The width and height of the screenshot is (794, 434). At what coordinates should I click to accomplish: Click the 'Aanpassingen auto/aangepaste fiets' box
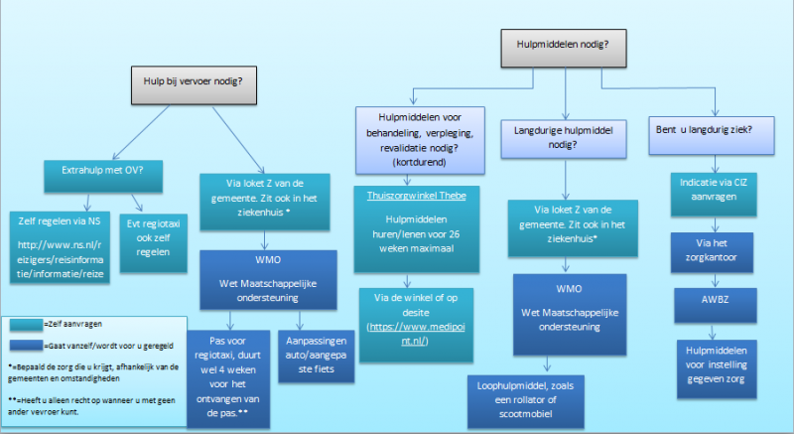305,352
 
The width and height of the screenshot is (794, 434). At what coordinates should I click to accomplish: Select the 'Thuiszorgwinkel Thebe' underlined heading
416,196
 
